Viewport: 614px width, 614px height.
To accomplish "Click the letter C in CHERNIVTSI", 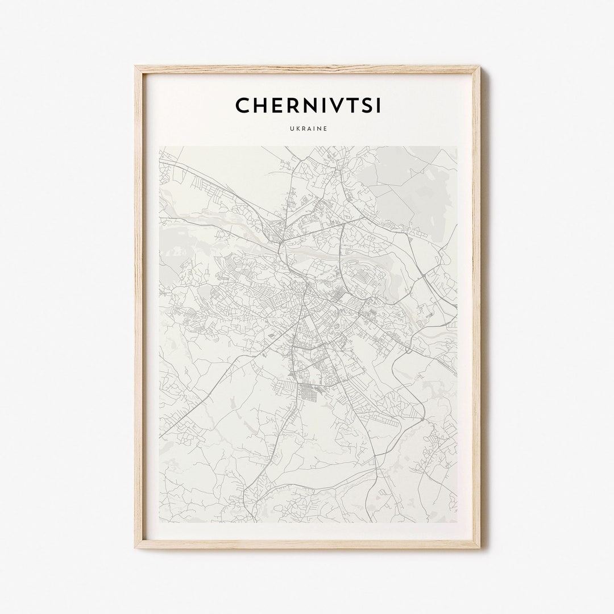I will click(x=242, y=106).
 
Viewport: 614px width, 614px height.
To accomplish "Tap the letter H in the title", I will click(x=261, y=106).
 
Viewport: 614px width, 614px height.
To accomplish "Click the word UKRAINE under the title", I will click(x=308, y=129).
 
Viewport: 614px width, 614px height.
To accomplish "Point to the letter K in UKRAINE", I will click(x=297, y=129).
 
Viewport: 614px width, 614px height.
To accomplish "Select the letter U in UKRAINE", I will click(x=291, y=129).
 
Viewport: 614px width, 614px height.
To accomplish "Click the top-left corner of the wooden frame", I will click(x=135, y=67).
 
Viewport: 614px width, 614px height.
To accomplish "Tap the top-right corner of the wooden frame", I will click(x=480, y=67).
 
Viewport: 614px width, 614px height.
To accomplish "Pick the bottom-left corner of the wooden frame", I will click(x=135, y=547).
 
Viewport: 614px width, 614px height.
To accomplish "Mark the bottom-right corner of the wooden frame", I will click(x=480, y=547).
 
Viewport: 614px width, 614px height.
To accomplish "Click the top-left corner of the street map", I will click(x=159, y=147).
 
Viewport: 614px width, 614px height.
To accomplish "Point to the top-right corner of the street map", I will click(x=457, y=147).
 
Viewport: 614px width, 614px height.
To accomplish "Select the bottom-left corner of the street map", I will click(x=159, y=522).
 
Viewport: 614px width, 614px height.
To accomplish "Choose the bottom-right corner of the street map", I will click(x=457, y=522).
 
